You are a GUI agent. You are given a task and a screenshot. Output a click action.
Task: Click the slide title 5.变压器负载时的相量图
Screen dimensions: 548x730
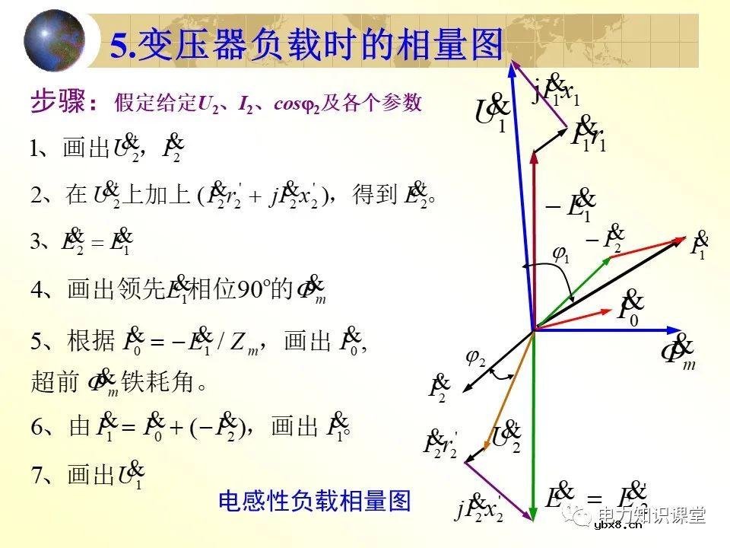(x=307, y=44)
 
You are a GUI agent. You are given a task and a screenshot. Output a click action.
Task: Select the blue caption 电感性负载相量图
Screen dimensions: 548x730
(x=314, y=501)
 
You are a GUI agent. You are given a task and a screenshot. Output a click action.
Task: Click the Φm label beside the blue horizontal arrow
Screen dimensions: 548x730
(x=678, y=353)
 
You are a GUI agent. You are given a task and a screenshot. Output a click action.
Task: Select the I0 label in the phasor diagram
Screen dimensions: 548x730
(x=630, y=307)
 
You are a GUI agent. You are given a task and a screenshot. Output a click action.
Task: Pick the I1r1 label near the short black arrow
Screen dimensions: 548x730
(x=589, y=135)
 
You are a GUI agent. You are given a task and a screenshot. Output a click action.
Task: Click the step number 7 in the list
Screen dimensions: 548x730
(x=37, y=476)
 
